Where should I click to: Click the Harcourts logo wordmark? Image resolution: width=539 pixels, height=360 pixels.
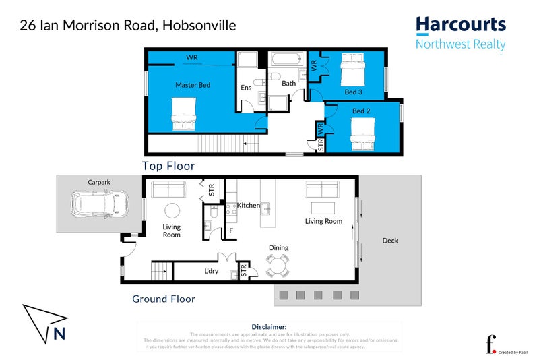coord(460,26)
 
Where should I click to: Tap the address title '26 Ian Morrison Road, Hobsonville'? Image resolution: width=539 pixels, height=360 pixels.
coord(127,26)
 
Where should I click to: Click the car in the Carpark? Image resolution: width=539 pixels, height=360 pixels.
coord(100,204)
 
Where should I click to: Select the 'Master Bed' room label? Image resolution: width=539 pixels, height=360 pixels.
coord(193,85)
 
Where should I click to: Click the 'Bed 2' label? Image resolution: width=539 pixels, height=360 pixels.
coord(361,111)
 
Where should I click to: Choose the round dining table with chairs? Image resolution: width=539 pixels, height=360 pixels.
coord(278,266)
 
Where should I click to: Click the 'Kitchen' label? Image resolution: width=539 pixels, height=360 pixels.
coord(248,205)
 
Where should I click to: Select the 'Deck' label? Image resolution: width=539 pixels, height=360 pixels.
coord(390,241)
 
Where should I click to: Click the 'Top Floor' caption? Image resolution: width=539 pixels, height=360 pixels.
coord(168,166)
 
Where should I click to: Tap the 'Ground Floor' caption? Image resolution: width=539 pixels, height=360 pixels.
coord(163,299)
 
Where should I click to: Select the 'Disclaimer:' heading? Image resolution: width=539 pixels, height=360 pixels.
coord(269,326)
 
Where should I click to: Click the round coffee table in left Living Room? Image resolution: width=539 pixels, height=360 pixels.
coord(172,210)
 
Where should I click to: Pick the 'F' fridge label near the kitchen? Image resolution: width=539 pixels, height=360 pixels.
coord(231,231)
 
